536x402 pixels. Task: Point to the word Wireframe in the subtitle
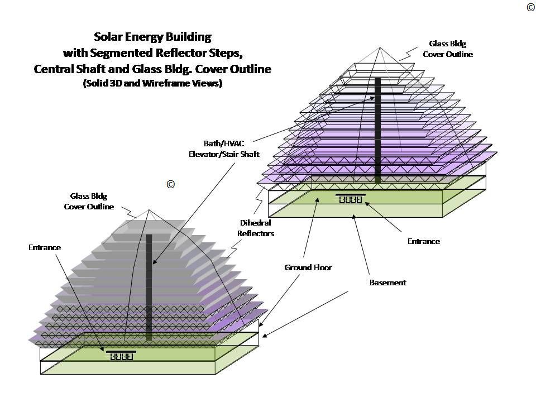170,84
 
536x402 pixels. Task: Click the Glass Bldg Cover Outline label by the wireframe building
447,49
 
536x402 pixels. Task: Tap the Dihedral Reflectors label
256,228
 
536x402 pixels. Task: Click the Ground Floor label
308,267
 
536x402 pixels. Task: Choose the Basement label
387,283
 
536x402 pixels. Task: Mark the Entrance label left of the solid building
45,247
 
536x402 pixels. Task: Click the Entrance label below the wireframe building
424,241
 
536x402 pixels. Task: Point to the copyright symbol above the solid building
171,184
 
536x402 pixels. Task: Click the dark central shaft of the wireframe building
378,128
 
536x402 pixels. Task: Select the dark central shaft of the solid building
149,285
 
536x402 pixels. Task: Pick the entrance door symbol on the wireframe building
351,198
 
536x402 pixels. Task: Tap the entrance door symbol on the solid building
121,356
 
